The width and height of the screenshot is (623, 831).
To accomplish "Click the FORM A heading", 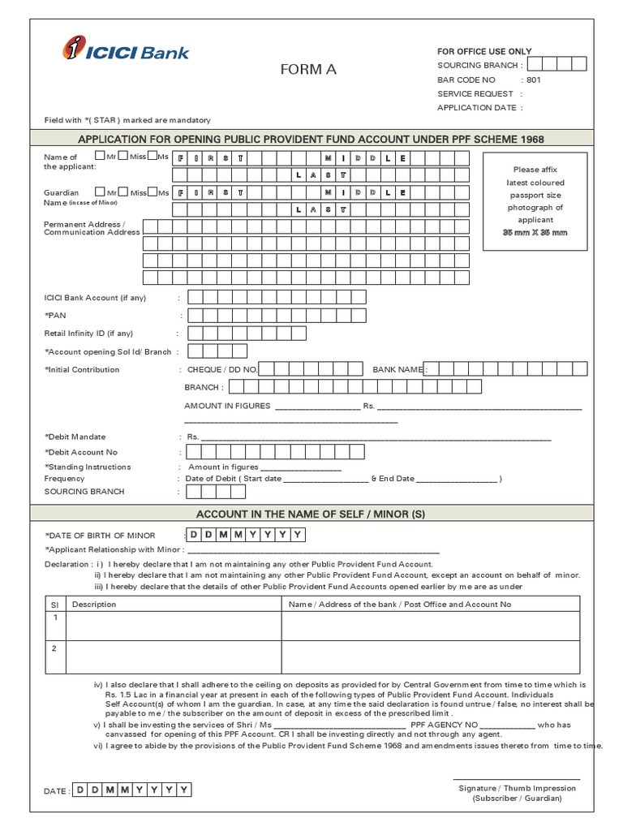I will (307, 70).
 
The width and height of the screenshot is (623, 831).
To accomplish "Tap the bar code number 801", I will (533, 80).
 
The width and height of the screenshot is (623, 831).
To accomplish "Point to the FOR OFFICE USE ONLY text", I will (484, 51).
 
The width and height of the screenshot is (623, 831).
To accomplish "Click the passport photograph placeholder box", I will (533, 201).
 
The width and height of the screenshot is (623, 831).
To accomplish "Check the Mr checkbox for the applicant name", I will (99, 156).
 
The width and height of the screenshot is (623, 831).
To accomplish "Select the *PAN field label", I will (55, 316).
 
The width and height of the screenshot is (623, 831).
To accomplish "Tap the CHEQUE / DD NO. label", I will (222, 369).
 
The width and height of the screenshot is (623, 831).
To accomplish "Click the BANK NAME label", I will (397, 369).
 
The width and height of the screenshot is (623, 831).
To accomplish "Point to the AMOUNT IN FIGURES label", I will (226, 406).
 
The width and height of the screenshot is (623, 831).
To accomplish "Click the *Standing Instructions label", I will (87, 467).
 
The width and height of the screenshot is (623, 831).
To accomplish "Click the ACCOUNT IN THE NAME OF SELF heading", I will (311, 515).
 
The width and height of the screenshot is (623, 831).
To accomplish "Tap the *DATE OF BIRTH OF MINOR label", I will (100, 536).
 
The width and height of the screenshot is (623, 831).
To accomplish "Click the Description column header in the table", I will (94, 604).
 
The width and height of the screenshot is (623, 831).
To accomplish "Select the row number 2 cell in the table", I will (55, 648).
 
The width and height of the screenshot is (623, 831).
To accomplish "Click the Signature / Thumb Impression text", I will (517, 788).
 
